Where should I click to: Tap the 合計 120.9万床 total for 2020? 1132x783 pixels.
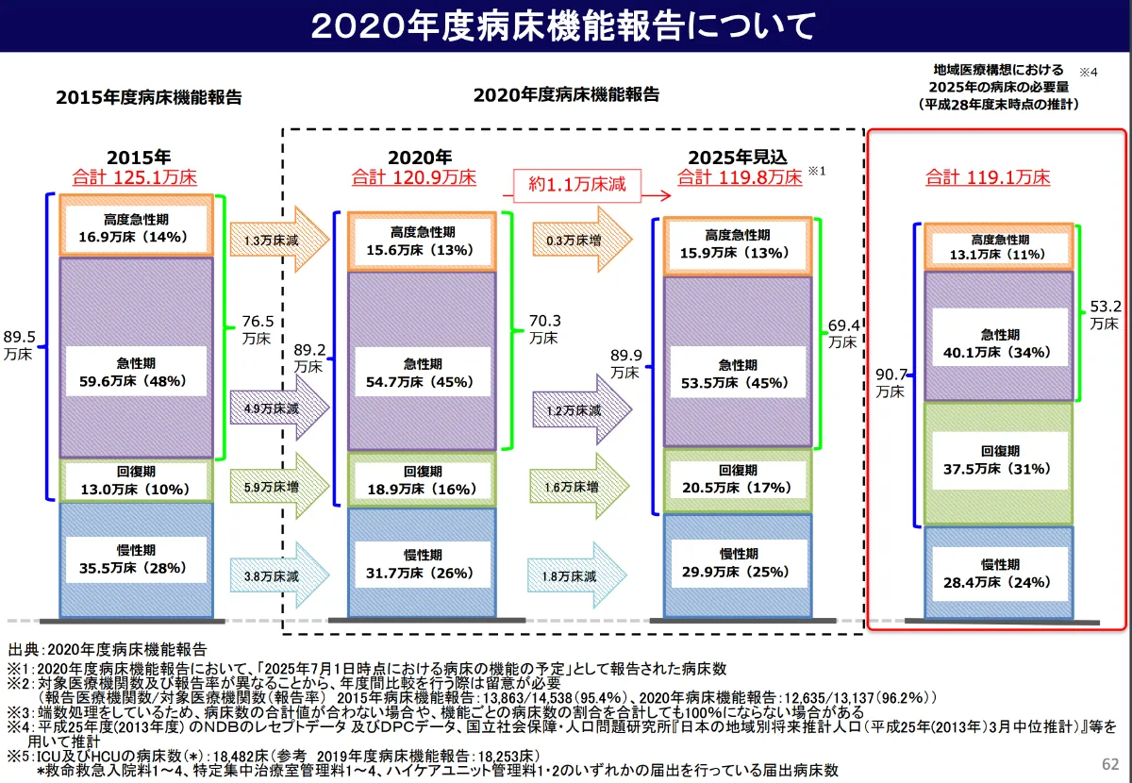414,176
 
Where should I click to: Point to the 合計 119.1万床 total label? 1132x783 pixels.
988,176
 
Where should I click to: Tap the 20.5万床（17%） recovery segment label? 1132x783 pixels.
737,478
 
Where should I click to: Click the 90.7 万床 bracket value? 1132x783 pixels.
890,381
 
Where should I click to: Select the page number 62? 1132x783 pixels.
1109,763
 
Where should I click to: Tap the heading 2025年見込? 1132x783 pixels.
737,157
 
